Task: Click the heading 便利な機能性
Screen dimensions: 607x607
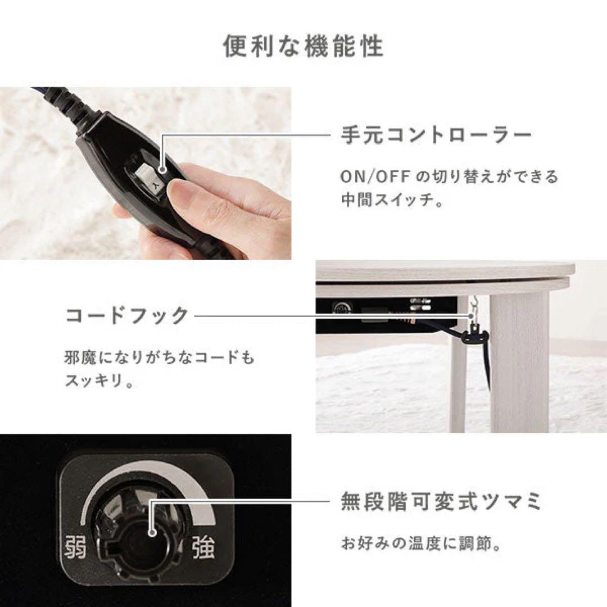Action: pos(303,47)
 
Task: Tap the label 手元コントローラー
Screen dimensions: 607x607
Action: pos(436,135)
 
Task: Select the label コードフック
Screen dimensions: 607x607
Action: pos(126,316)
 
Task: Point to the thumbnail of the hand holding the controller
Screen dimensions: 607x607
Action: pos(145,173)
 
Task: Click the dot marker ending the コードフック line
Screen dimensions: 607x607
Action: pos(470,316)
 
